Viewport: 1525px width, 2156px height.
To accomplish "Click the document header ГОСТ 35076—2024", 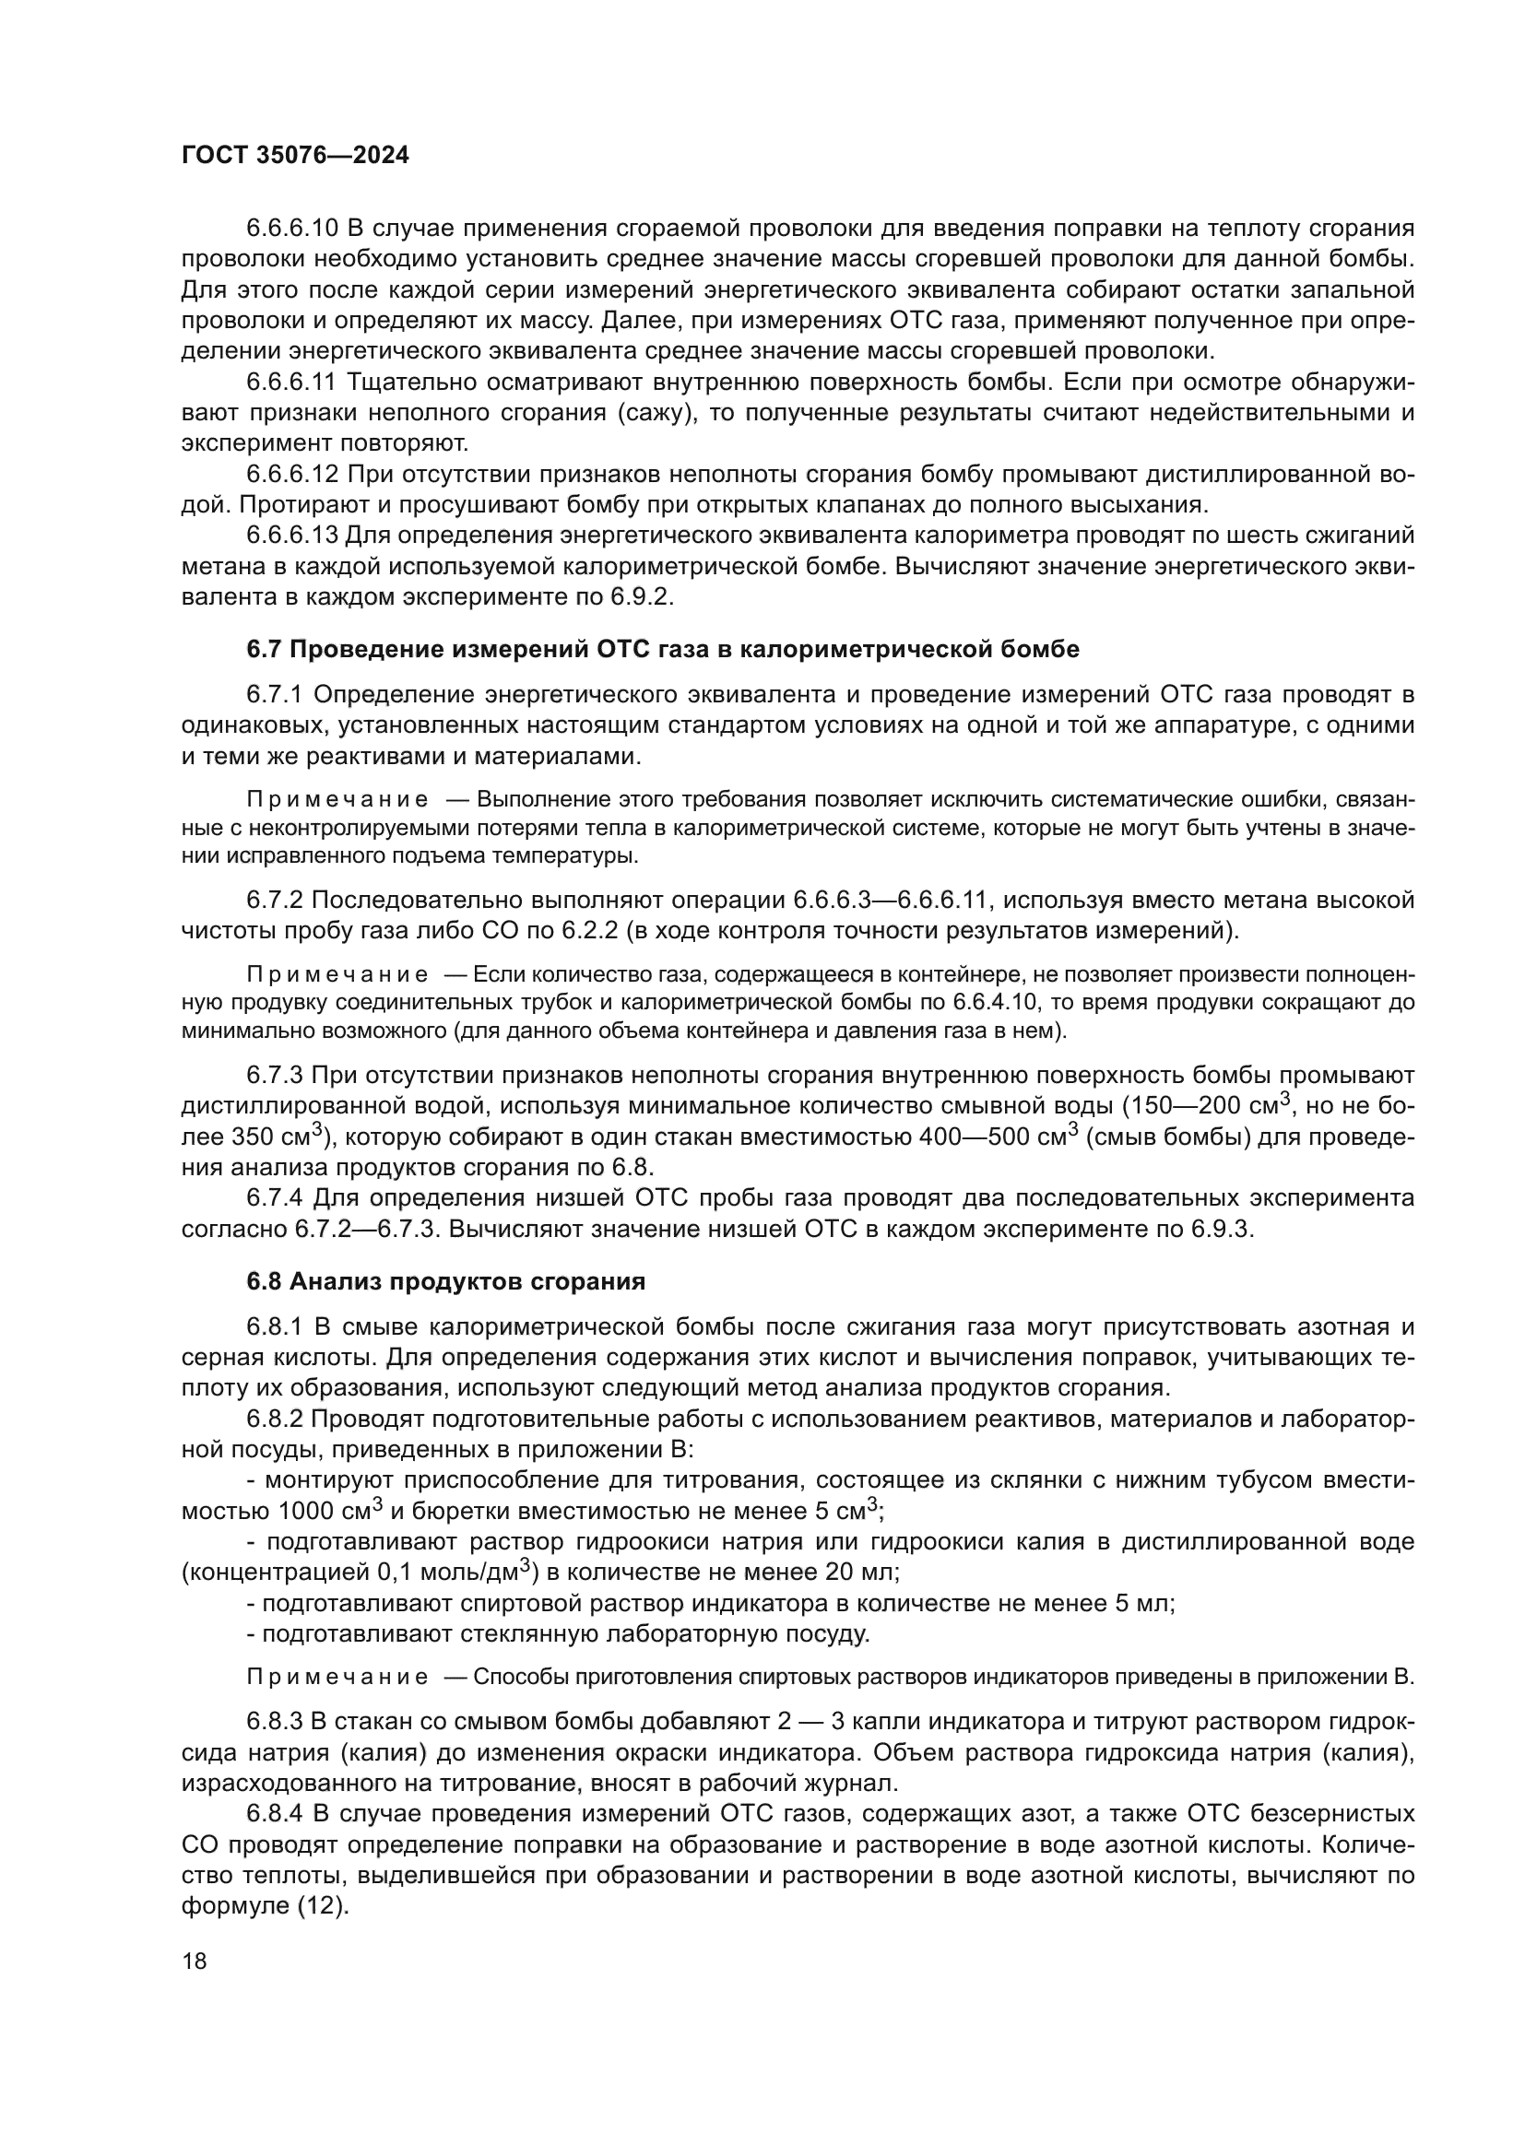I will pos(295,156).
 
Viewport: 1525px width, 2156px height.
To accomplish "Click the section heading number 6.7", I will pos(264,649).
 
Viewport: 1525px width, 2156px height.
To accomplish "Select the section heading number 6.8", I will pos(264,1282).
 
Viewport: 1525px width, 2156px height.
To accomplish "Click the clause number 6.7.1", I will pos(274,695).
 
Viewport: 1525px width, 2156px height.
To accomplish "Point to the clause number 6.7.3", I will pos(274,1075).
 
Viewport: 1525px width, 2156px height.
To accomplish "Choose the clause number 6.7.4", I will pos(274,1198).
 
